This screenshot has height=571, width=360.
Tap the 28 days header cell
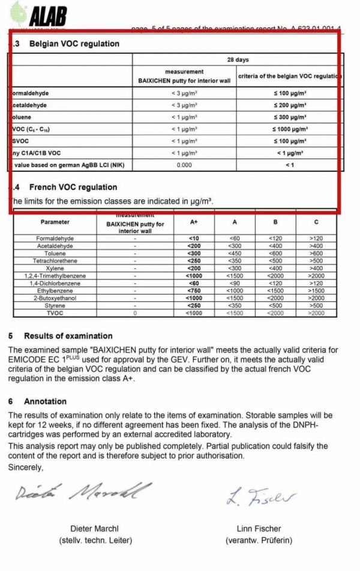coord(238,60)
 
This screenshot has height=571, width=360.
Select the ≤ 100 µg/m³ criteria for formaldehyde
coord(290,94)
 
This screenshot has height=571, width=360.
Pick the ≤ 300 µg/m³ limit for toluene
coord(290,117)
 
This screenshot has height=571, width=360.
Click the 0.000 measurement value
coord(184,164)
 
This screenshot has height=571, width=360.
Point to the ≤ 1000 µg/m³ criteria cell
coord(290,129)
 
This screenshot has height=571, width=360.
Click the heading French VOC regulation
coord(73,187)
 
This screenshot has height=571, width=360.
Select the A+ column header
coord(194,222)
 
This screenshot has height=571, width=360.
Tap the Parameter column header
coord(55,222)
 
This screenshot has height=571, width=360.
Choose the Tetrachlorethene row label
coord(55,261)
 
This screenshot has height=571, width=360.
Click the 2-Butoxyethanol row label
coord(55,298)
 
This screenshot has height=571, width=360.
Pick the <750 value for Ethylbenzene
coord(194,291)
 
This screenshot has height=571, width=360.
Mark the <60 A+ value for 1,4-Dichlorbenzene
coord(194,283)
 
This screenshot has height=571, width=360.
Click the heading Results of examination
coord(68,336)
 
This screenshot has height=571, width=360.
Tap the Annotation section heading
coord(45,401)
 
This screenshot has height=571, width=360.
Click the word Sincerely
coord(26,467)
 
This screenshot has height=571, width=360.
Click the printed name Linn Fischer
coord(259,529)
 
